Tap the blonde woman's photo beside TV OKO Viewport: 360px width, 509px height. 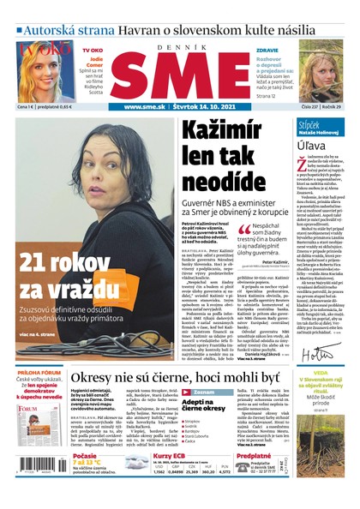click(x=47, y=71)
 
